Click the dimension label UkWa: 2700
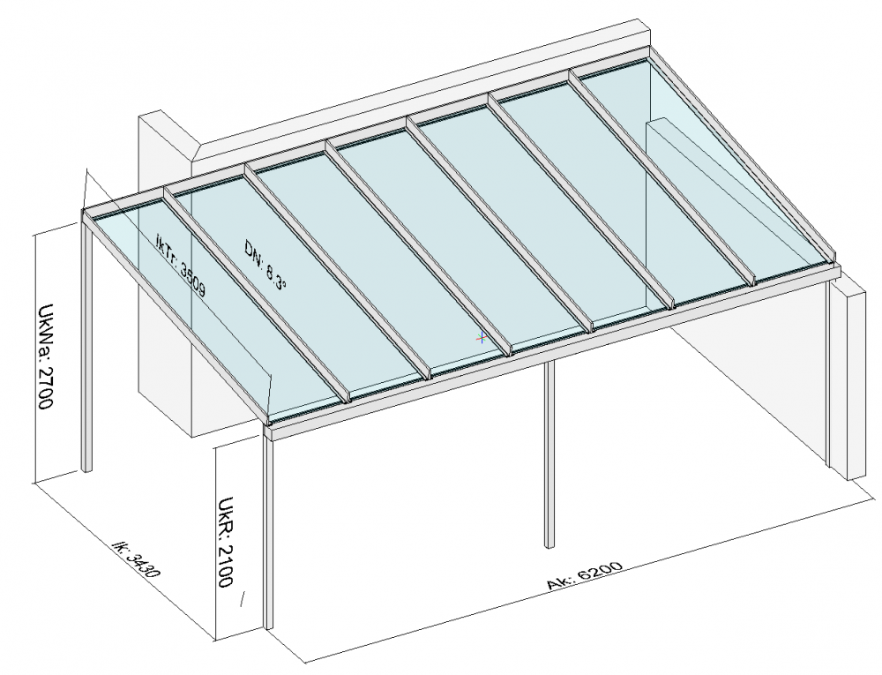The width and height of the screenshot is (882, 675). click(46, 357)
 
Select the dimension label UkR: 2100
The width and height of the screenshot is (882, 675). click(226, 542)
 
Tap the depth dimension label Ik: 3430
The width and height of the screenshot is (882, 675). click(137, 559)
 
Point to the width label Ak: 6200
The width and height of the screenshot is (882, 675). click(585, 575)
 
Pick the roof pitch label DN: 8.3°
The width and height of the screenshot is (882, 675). click(265, 265)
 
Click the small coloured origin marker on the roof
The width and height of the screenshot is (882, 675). click(482, 337)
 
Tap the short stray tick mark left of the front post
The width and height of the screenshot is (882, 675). click(243, 599)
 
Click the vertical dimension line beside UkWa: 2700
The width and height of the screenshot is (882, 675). click(35, 358)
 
